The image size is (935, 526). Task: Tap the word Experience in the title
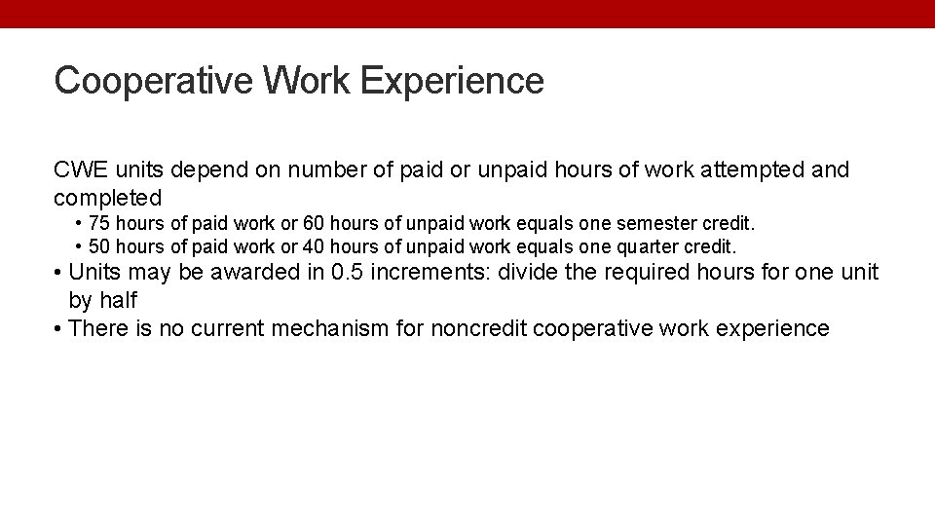pos(452,80)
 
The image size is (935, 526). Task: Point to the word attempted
pos(752,170)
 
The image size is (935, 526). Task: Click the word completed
pos(107,198)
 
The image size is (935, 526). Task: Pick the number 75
pos(99,225)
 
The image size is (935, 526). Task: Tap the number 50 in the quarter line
pos(99,245)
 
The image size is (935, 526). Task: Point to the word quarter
pos(653,245)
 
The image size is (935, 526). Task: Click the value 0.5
pos(349,272)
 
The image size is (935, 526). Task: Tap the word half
pos(118,300)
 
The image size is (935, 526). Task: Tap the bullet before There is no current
pos(58,328)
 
